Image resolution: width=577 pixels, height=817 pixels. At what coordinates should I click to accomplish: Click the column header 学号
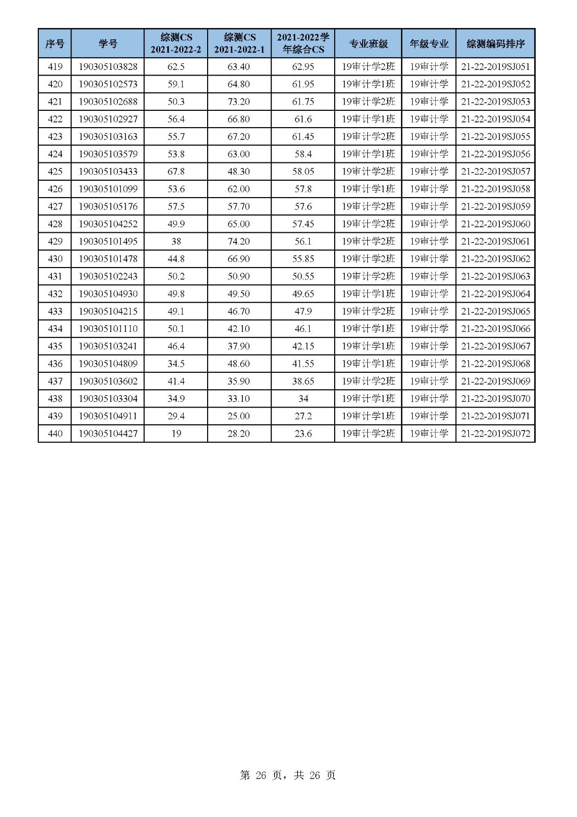(x=108, y=44)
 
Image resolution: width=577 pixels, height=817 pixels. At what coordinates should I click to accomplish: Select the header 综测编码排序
(x=495, y=44)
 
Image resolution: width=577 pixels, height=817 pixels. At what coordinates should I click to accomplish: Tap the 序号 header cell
(x=55, y=44)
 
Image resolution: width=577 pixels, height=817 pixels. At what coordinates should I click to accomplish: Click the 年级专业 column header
(x=429, y=44)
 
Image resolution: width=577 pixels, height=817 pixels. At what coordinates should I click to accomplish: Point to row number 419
(x=55, y=67)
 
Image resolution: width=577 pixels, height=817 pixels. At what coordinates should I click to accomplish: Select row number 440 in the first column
(x=55, y=434)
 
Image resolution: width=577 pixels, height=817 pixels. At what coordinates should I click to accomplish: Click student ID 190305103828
(x=108, y=67)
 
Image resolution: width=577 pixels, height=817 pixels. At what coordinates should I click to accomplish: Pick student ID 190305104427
(x=108, y=434)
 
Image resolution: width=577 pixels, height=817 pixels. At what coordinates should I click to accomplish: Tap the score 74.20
(x=239, y=242)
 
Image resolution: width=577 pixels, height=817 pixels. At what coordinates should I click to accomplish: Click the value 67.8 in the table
(x=176, y=172)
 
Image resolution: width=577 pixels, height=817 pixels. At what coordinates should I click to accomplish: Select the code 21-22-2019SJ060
(x=495, y=224)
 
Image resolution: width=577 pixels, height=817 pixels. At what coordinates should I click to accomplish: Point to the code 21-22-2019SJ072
(x=495, y=434)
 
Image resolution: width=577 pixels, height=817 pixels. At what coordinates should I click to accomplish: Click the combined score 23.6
(x=303, y=434)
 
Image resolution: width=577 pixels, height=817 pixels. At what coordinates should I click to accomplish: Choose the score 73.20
(x=239, y=102)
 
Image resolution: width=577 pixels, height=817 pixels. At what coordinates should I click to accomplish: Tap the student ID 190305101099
(x=108, y=189)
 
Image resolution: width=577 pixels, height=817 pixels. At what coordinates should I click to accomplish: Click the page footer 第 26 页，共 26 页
(x=288, y=775)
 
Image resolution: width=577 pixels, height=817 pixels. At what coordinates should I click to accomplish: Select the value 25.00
(x=239, y=416)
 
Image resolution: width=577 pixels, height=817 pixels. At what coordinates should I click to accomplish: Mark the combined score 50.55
(x=303, y=276)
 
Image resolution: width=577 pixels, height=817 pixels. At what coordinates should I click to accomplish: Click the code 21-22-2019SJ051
(x=495, y=67)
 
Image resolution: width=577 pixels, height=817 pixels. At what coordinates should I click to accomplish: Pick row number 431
(x=55, y=276)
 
